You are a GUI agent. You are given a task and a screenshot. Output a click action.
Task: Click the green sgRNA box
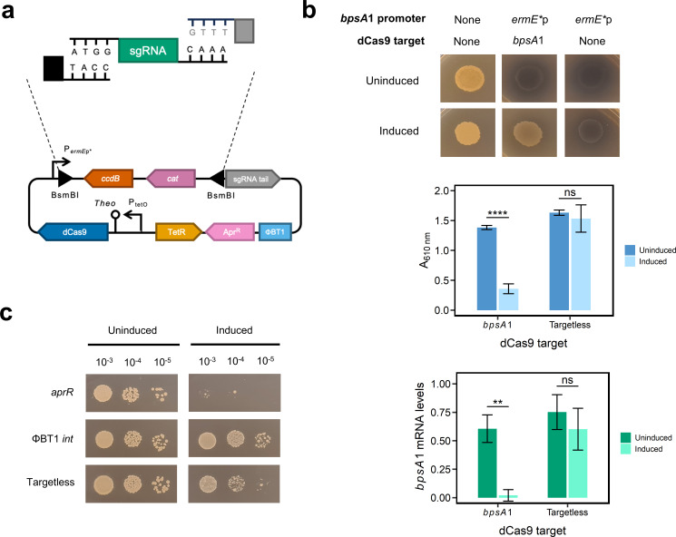(x=148, y=51)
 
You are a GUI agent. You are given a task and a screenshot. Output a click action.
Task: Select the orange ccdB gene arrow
(x=109, y=179)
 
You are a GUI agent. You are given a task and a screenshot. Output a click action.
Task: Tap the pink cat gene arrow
(x=171, y=179)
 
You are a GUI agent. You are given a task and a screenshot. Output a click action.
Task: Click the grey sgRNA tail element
(x=252, y=179)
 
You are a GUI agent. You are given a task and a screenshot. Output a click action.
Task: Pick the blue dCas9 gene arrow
(x=73, y=232)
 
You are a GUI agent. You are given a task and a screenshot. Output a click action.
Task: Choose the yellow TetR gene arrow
(x=178, y=232)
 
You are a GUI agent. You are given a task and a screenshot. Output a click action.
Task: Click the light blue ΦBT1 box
(x=275, y=232)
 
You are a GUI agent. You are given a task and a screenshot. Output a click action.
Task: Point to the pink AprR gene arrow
(x=230, y=232)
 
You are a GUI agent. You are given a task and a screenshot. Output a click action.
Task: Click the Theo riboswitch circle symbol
(x=115, y=214)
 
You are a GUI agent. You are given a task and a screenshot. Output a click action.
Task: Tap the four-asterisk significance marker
(x=497, y=213)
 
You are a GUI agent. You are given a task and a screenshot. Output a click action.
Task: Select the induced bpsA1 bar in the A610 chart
(x=508, y=299)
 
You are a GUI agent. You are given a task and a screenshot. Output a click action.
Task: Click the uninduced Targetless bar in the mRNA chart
(x=557, y=454)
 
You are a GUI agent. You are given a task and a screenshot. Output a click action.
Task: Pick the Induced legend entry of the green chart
(x=642, y=449)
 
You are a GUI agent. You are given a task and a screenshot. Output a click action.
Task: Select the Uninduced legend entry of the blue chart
(x=650, y=250)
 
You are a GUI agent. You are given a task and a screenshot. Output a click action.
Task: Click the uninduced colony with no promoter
(x=469, y=79)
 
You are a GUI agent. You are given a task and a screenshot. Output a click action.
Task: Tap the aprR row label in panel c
(x=63, y=392)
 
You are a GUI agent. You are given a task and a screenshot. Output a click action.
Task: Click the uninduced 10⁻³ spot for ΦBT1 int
(x=104, y=440)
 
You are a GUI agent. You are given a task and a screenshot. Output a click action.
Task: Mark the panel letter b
(x=309, y=10)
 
